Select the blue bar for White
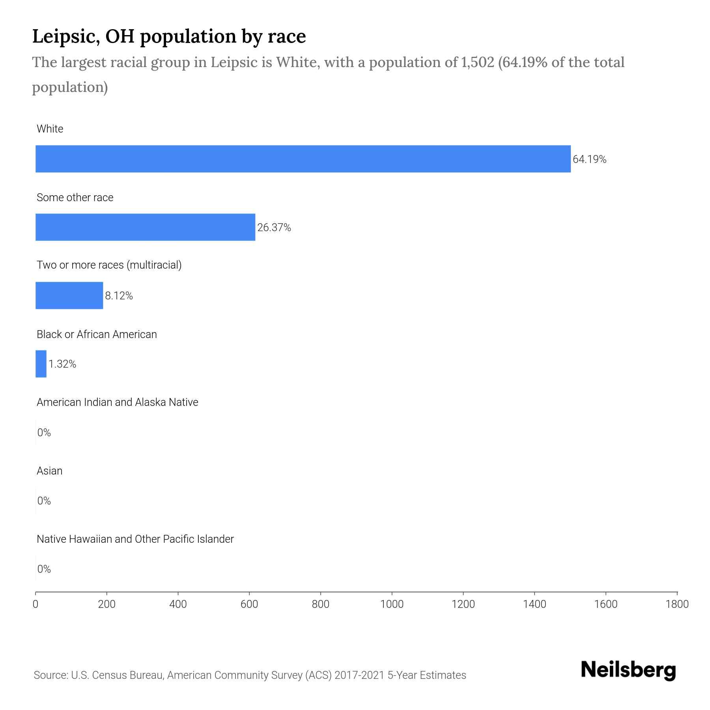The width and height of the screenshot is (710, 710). click(303, 159)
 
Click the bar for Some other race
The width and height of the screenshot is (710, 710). click(145, 227)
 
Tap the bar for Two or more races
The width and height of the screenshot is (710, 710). click(69, 295)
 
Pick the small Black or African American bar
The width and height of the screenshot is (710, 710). click(41, 364)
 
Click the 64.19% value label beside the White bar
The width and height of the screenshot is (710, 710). click(589, 159)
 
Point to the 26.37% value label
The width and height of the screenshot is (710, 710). click(274, 228)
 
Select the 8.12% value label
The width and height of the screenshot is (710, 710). click(119, 296)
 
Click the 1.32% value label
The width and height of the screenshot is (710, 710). click(62, 364)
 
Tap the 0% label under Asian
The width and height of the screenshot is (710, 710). click(44, 501)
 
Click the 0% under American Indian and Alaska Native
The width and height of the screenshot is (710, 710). click(44, 433)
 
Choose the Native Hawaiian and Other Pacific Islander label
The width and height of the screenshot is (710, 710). click(135, 539)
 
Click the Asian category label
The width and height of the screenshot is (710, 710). click(49, 471)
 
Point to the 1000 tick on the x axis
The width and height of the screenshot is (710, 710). click(392, 604)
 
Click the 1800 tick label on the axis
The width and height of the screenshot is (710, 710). click(677, 604)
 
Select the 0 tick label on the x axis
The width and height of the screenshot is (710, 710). click(35, 604)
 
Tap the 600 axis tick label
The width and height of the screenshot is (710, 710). click(249, 604)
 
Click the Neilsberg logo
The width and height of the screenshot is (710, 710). click(628, 670)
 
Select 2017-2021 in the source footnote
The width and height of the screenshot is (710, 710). click(359, 675)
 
